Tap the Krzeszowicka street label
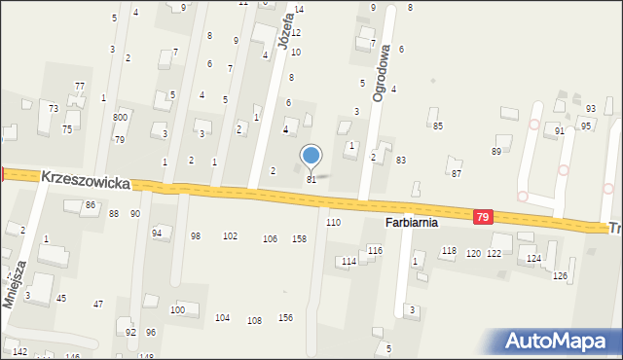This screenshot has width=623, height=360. tap(86, 178)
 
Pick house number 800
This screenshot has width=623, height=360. tap(120, 117)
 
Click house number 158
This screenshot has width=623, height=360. tap(300, 238)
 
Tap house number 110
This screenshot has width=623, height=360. tap(333, 223)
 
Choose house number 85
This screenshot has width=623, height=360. tap(438, 126)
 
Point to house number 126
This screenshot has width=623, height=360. tap(559, 275)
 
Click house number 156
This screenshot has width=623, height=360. tap(285, 317)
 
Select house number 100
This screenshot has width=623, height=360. tap(177, 309)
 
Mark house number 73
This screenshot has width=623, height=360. tap(54, 108)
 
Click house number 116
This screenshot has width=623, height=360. tap(375, 251)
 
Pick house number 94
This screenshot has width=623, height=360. tap(157, 234)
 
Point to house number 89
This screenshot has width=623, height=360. tap(495, 151)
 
